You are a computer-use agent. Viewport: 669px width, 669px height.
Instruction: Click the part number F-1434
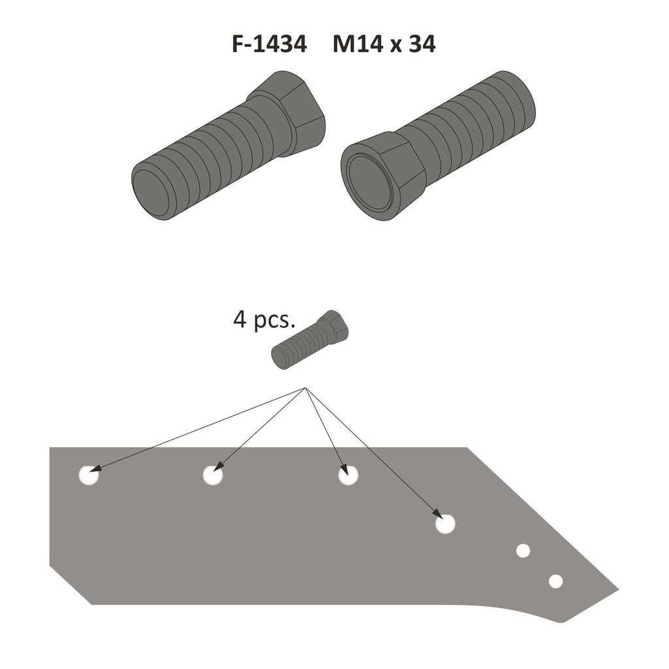pyautogui.click(x=269, y=44)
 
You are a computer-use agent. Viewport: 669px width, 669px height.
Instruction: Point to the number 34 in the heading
pyautogui.click(x=422, y=44)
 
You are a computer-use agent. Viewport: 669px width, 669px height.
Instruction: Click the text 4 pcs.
pyautogui.click(x=264, y=319)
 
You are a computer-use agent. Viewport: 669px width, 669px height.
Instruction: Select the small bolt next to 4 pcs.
pyautogui.click(x=310, y=340)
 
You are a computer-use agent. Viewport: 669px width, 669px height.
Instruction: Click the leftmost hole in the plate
pyautogui.click(x=89, y=475)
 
